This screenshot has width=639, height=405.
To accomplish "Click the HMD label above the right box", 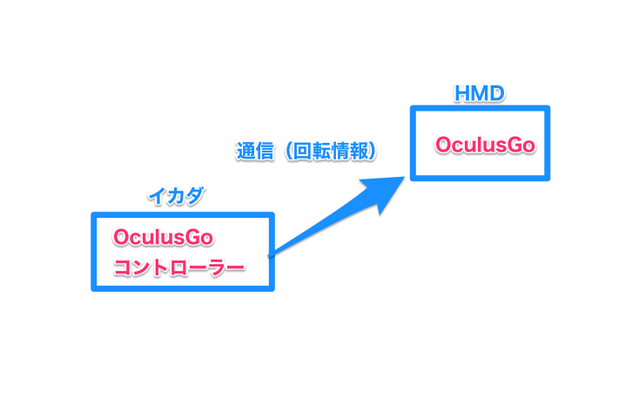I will coord(480,93).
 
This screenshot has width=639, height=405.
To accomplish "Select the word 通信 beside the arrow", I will coord(254,151).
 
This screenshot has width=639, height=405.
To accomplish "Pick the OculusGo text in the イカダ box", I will coord(163,237).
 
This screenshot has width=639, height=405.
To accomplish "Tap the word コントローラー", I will coord(178,266).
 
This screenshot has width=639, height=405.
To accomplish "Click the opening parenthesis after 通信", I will coord(286,151).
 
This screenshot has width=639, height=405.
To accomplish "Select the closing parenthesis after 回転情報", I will coord(373,151).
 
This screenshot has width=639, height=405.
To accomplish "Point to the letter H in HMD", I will coord(463,93).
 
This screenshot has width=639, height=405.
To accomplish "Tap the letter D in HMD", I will coord(496,93).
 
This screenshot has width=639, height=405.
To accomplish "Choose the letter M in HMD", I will coord(480,93).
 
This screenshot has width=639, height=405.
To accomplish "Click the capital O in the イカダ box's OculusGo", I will coord(120,237).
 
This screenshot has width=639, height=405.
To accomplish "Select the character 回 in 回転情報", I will coord(301,151).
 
